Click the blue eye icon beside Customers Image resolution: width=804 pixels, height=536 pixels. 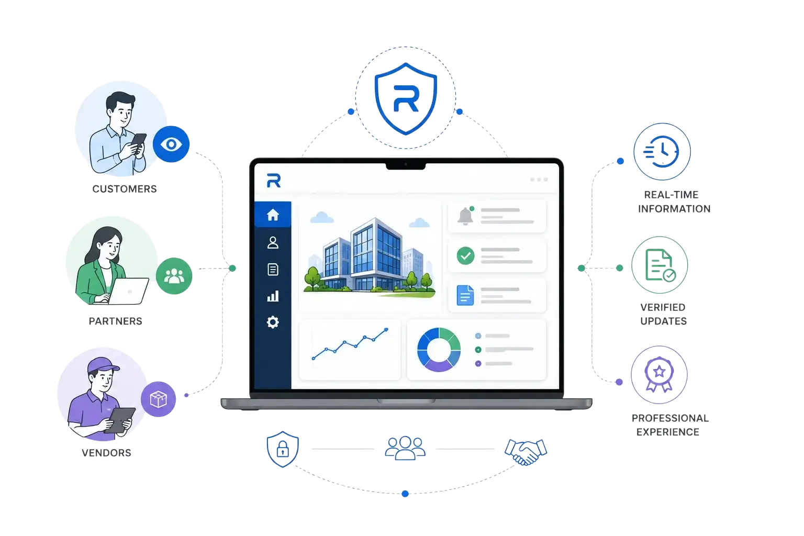(171, 144)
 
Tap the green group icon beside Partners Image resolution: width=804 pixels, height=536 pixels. (174, 276)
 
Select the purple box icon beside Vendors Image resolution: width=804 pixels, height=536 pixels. (158, 399)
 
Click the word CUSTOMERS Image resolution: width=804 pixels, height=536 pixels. (125, 189)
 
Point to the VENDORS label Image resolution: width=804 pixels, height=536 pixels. (107, 453)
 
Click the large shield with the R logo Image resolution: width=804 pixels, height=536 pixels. (406, 99)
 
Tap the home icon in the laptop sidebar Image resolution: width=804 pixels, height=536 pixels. (273, 215)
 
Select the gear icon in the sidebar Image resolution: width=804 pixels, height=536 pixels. (273, 322)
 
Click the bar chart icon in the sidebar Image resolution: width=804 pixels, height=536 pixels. (273, 296)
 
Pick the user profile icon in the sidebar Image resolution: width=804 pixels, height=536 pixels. (273, 242)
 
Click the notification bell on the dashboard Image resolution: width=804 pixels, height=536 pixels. (465, 216)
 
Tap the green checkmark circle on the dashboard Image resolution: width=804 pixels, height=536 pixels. (465, 256)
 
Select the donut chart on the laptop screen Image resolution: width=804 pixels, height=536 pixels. (439, 349)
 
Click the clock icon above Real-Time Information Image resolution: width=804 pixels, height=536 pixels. (662, 151)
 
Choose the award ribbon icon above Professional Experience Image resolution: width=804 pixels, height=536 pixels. (659, 374)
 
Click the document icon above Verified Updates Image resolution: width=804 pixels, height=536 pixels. (660, 265)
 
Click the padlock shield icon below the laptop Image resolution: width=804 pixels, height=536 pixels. (283, 449)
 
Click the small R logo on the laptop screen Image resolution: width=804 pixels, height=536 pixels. (274, 181)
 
